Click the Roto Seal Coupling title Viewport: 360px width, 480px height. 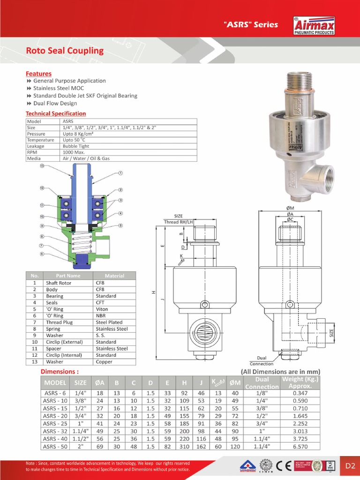(x=65, y=51)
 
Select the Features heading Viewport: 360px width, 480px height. (x=38, y=74)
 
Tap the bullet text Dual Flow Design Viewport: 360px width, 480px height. (x=55, y=103)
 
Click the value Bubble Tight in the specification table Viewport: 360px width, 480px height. (x=75, y=146)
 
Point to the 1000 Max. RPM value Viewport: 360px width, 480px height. (x=74, y=152)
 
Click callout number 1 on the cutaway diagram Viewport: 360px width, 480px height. (x=120, y=173)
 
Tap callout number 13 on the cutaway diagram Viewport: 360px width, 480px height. (x=42, y=166)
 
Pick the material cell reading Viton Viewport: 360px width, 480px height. (x=102, y=309)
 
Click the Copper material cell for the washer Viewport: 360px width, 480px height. (x=104, y=362)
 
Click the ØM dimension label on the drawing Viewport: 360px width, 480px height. (x=290, y=208)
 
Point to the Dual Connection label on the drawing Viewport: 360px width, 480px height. (x=262, y=360)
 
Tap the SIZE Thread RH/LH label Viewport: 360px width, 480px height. (x=178, y=219)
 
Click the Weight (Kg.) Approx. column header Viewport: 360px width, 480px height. (x=300, y=382)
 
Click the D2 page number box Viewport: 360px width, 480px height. (x=350, y=465)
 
